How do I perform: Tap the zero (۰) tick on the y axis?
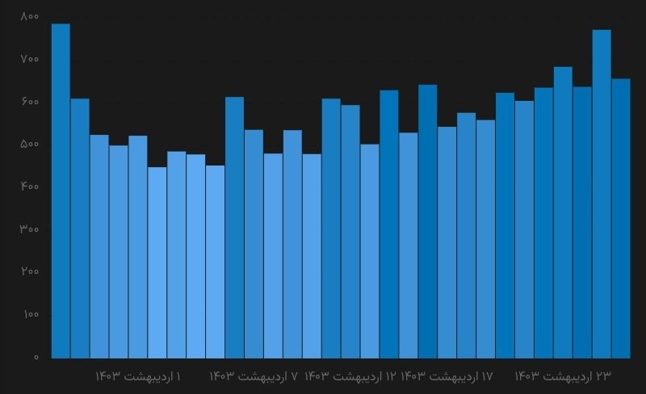(36, 357)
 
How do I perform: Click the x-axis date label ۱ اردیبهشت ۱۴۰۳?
(138, 376)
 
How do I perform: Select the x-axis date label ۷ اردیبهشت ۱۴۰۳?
(254, 376)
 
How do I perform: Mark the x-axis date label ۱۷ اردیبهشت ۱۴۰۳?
(447, 376)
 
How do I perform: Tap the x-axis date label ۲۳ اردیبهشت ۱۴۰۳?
(563, 376)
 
